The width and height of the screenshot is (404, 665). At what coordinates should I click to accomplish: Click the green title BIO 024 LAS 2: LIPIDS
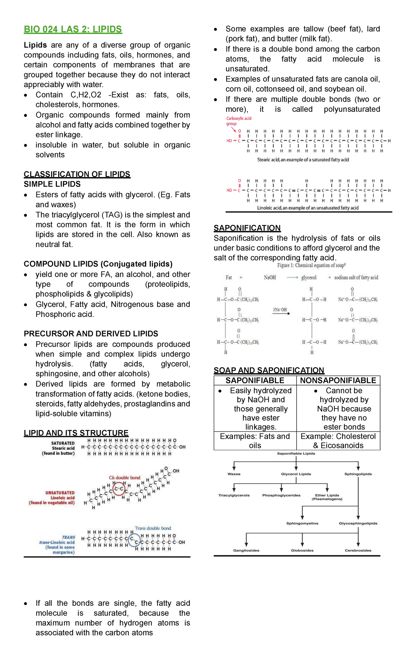(x=73, y=29)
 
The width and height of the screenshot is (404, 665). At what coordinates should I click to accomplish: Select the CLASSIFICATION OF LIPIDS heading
(x=77, y=174)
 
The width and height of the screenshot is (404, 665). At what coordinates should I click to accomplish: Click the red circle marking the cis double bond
(x=119, y=488)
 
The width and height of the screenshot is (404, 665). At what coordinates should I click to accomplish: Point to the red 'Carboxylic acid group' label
(x=238, y=121)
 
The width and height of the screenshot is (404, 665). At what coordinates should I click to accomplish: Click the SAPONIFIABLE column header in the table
(x=255, y=380)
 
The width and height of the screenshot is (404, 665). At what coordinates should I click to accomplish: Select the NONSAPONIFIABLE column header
(x=338, y=380)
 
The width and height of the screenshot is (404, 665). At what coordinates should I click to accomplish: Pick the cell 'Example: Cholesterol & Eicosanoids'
(x=338, y=441)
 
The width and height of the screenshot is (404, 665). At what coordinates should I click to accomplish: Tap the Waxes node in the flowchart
(x=234, y=474)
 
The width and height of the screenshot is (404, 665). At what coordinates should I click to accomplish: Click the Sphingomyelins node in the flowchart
(x=302, y=523)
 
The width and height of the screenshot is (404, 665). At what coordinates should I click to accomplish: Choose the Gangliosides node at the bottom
(x=246, y=550)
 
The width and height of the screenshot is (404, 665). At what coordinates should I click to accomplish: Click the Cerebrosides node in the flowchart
(x=358, y=550)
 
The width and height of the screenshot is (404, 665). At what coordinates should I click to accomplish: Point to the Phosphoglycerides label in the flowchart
(x=281, y=495)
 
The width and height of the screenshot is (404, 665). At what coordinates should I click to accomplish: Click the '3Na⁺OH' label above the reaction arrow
(x=280, y=309)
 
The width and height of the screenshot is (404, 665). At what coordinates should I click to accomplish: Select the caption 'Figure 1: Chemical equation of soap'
(x=311, y=265)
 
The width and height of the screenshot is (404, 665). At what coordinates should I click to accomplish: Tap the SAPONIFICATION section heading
(x=247, y=228)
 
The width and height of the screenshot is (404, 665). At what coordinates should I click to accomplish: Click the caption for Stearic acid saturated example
(x=303, y=160)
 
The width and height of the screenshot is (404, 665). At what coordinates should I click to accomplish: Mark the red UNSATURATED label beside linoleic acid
(x=60, y=493)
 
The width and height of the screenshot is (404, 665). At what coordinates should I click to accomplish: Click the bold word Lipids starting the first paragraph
(x=35, y=45)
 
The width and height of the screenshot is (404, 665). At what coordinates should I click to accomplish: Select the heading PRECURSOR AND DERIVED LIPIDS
(x=91, y=334)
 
